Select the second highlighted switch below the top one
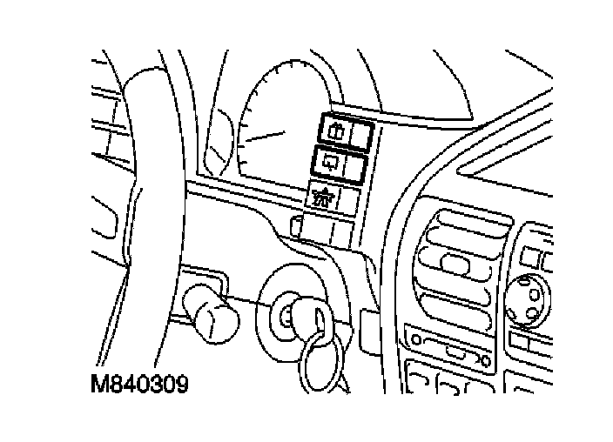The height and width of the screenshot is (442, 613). tap(342, 162)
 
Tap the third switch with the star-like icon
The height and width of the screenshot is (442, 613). tap(334, 198)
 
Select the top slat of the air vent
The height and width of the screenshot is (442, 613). tap(461, 228)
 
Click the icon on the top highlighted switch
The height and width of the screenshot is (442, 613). tap(335, 130)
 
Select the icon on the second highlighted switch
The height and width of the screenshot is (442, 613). tap(332, 161)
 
